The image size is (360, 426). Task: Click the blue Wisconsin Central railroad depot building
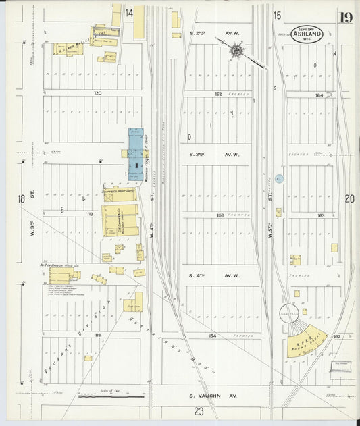[136, 153]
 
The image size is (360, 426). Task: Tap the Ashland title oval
[307, 34]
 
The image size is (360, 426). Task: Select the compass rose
[237, 50]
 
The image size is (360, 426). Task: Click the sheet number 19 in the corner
[345, 18]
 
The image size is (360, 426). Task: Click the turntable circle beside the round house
[292, 315]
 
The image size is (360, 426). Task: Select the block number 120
[97, 92]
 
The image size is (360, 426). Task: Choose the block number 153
[220, 215]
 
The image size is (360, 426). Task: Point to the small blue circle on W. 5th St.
[280, 178]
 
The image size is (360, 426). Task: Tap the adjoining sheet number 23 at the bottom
[199, 411]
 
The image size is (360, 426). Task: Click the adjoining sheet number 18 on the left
[22, 198]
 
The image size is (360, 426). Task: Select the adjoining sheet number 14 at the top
[128, 13]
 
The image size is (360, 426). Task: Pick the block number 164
[319, 95]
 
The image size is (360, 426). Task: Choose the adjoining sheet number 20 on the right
[349, 198]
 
